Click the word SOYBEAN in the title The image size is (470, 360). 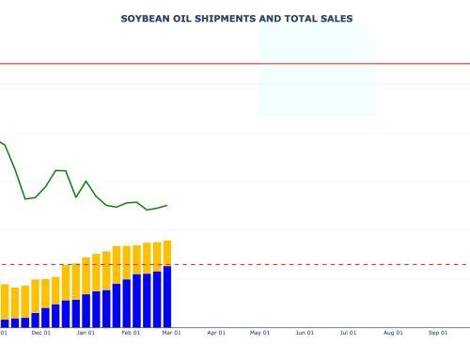[145, 18]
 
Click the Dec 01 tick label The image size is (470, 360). [40, 332]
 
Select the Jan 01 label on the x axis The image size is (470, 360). [86, 332]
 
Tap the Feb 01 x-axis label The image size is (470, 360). [131, 332]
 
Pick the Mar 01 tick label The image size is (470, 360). [171, 332]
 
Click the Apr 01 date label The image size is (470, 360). [216, 332]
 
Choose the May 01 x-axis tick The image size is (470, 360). [259, 332]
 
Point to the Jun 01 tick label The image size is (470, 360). [305, 332]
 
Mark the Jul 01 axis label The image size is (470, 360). [348, 332]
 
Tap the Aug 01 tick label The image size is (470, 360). [393, 332]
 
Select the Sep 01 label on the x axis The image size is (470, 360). [437, 332]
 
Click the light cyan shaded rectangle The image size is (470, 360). [317, 70]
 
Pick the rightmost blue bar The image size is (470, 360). [167, 296]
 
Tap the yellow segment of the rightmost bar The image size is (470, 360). [167, 253]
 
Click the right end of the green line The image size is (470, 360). [167, 205]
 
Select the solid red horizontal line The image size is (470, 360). [235, 64]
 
